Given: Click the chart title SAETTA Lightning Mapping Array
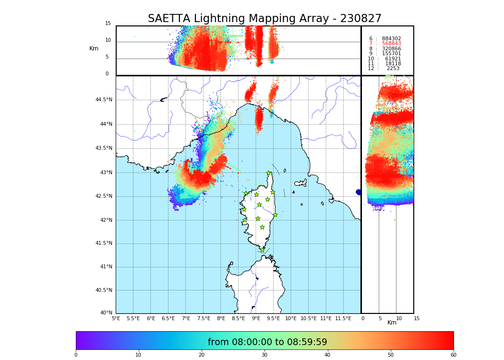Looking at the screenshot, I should [264, 19].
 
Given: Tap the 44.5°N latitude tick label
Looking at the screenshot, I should [104, 100].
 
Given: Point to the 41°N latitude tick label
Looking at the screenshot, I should [106, 267].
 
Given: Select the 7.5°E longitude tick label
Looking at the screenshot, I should [204, 318].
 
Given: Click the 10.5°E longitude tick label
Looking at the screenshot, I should [309, 318].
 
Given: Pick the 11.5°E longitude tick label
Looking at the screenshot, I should [343, 318].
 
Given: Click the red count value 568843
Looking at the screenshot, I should [391, 44].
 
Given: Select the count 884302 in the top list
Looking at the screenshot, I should [391, 39].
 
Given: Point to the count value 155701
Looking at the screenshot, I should [391, 54].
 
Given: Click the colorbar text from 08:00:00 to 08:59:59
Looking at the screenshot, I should [267, 342].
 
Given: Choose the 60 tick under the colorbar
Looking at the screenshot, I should [453, 355].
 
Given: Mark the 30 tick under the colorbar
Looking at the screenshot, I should [264, 355].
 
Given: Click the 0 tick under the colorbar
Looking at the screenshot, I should [76, 355].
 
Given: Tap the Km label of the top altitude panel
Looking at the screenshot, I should [94, 48].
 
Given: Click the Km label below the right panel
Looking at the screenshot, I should [392, 323].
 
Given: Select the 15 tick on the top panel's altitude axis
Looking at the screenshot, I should [108, 24].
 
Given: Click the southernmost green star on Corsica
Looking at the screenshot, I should [263, 250].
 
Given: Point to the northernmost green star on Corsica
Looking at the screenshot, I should [269, 173].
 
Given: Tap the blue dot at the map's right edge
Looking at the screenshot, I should [359, 192].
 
